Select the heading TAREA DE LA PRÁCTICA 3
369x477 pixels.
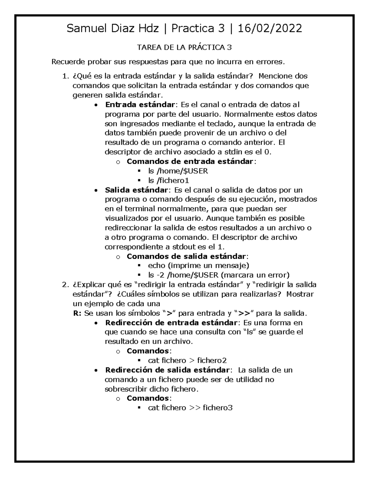(x=184, y=48)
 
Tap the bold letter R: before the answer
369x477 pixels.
(x=77, y=313)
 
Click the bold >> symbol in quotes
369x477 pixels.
(x=244, y=313)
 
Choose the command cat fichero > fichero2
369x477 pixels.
(x=187, y=360)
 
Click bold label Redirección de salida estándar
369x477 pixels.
(x=167, y=370)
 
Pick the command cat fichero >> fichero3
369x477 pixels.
(x=190, y=408)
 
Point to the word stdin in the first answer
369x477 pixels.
(x=239, y=152)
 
